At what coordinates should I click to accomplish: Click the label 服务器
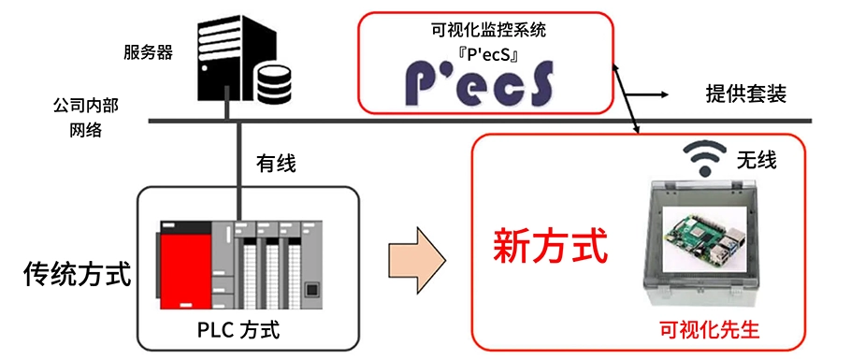coord(149,52)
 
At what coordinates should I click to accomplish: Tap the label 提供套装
coord(744,94)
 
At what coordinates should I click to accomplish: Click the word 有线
coord(276,164)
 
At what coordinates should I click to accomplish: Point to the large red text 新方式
coord(551,246)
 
